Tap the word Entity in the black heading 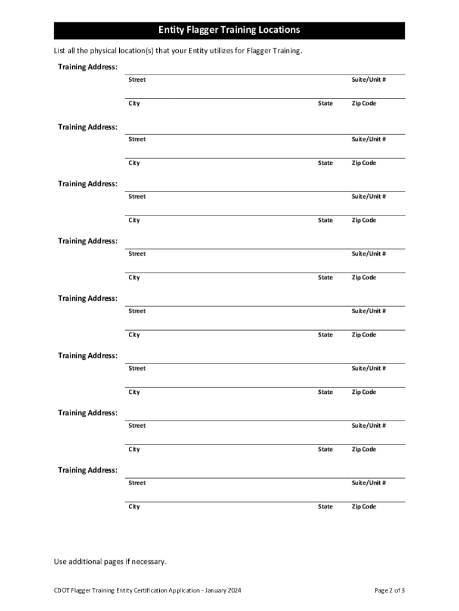[x=172, y=30]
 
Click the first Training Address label [x=88, y=67]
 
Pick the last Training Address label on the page [x=88, y=470]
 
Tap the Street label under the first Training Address [x=137, y=80]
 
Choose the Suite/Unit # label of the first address [x=368, y=80]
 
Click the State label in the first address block [x=325, y=104]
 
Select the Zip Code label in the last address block [x=364, y=507]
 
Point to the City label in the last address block [x=134, y=507]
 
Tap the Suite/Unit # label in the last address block [x=368, y=483]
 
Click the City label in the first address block [x=134, y=104]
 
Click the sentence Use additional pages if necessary [x=110, y=561]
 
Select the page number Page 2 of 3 [x=389, y=591]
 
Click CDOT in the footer [x=61, y=591]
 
